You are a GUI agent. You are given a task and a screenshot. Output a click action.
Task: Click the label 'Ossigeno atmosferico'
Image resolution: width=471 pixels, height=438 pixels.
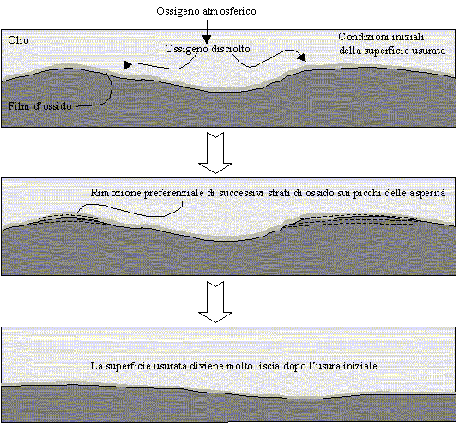coord(206,11)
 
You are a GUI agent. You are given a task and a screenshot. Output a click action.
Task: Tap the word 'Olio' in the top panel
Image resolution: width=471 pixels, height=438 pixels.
coord(18,40)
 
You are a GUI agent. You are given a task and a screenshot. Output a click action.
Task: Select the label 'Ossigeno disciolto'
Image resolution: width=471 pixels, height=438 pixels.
coord(208,49)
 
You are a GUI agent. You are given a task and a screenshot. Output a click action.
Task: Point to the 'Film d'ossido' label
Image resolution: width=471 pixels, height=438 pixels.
coord(40,106)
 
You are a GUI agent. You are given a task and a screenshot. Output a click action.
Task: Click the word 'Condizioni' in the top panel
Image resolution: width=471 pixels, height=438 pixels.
coord(359,37)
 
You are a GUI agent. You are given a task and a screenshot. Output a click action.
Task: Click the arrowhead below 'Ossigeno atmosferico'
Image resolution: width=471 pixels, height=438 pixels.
coord(207,39)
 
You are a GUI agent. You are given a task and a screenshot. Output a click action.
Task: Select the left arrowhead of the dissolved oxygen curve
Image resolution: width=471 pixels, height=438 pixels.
coord(127,65)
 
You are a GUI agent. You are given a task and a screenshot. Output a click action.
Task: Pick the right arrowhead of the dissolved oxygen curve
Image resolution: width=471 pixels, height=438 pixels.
coord(302,57)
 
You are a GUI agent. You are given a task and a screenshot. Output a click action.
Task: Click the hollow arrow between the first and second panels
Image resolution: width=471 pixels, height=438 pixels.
coord(215,153)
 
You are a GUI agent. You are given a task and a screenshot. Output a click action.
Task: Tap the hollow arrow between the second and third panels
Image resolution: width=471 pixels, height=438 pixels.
coord(215,302)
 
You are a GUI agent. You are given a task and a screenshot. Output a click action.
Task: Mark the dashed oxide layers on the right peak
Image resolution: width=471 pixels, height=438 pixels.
coord(371,220)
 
